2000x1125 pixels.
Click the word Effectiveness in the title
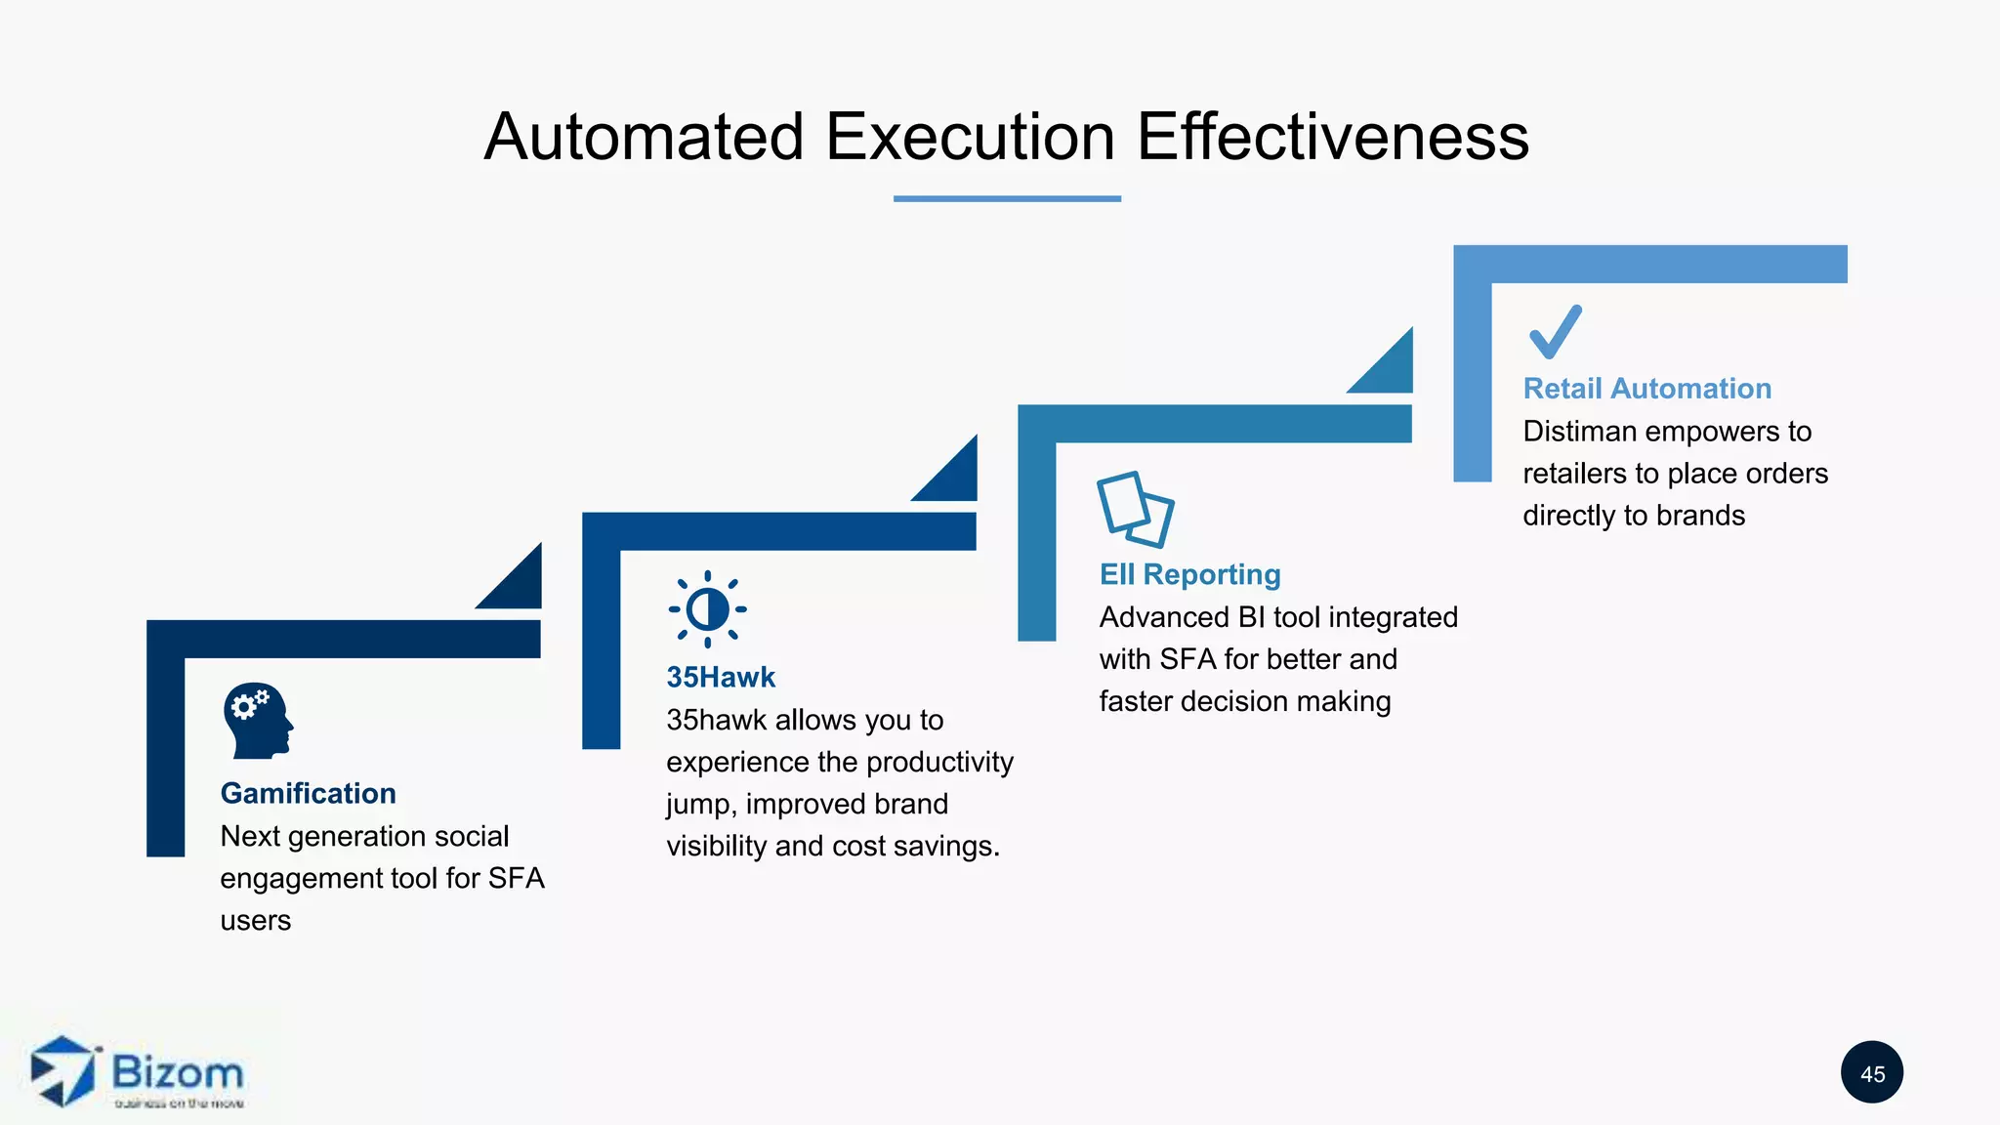pos(1332,137)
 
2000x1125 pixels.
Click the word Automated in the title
pos(645,137)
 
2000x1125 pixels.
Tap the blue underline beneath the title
pos(1007,198)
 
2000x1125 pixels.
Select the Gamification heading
pos(308,793)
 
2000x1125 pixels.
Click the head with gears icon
pos(257,721)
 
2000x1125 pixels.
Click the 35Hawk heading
pos(721,677)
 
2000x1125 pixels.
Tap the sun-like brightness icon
pos(707,609)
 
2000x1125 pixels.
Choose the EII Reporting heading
pos(1189,574)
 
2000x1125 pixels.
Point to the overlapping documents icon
pos(1135,509)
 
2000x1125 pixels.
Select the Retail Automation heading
pos(1646,389)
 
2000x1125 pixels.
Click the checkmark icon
pos(1555,332)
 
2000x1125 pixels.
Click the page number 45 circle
pos(1871,1073)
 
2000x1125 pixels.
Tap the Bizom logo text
pos(178,1072)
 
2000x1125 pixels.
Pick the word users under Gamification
pos(255,921)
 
